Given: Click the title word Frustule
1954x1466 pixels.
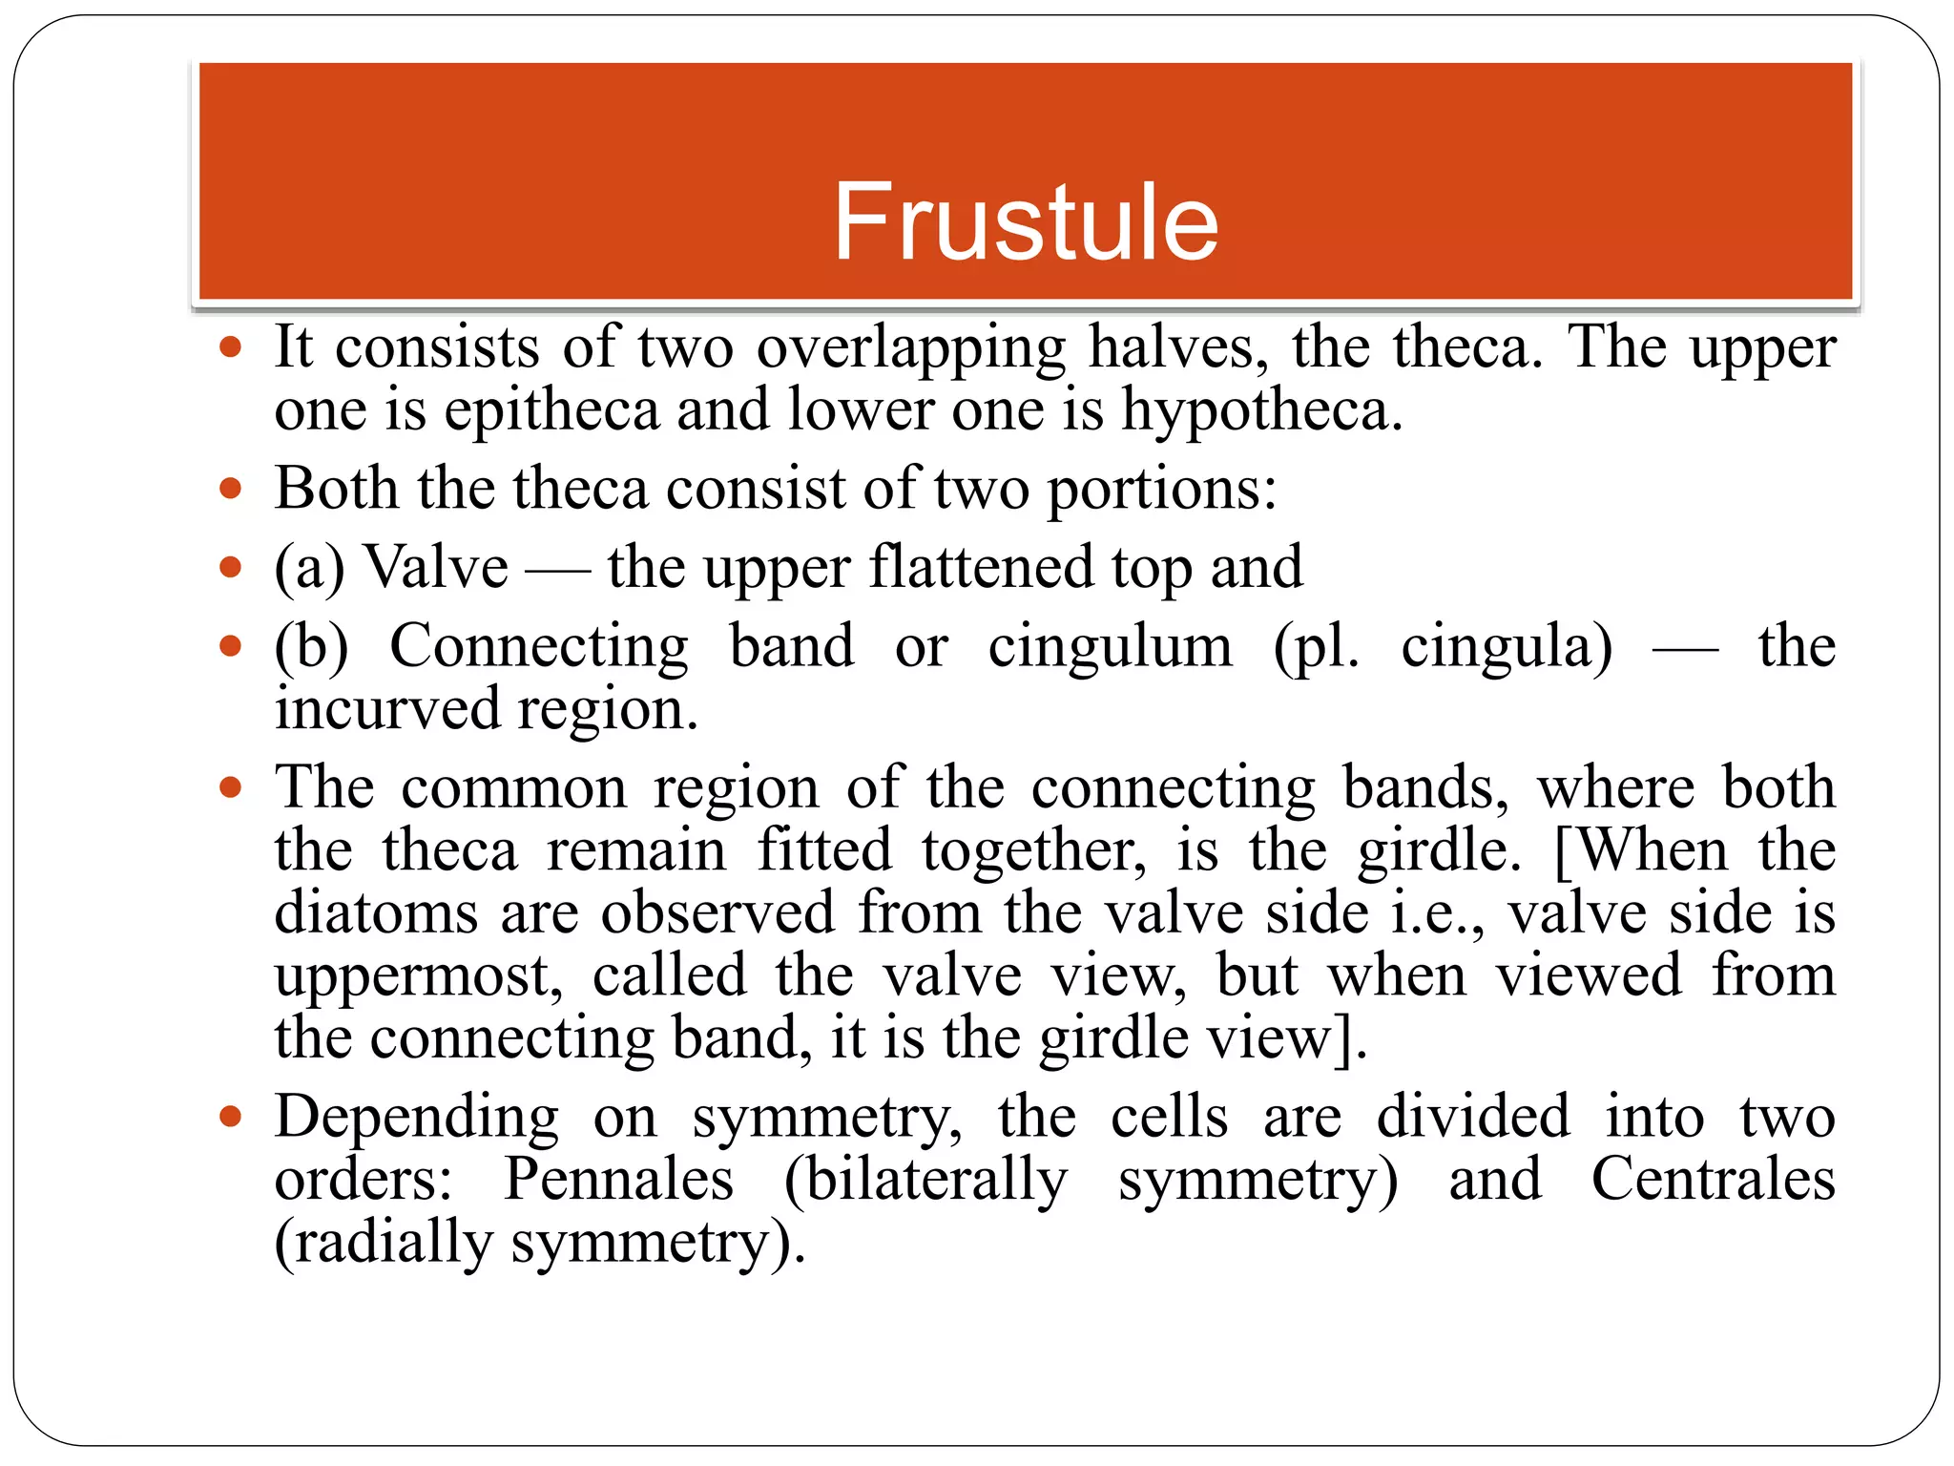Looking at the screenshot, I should coord(1026,221).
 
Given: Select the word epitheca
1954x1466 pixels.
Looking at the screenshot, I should coord(551,410).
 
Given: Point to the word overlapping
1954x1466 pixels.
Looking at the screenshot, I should coord(911,347).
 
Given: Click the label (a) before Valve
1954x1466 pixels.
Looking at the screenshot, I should coord(309,568).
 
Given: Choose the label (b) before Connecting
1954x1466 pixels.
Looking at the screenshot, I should coord(311,646).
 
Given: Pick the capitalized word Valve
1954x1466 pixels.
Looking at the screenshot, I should coord(436,568).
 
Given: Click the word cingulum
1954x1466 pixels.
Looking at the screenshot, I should coord(1110,646).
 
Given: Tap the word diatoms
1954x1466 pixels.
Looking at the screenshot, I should coord(376,912).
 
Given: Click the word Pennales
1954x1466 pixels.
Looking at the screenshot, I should coord(618,1180).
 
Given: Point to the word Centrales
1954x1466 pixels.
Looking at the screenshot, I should coord(1713,1180).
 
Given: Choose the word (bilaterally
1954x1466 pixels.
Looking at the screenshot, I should coord(925,1180).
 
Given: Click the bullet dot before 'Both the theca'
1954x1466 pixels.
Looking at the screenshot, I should coord(230,490).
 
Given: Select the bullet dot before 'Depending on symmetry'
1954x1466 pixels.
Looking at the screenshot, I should coord(230,1117).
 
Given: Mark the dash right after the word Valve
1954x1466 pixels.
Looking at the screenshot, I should coord(557,571).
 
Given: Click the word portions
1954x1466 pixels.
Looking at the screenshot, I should coord(1161,490).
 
